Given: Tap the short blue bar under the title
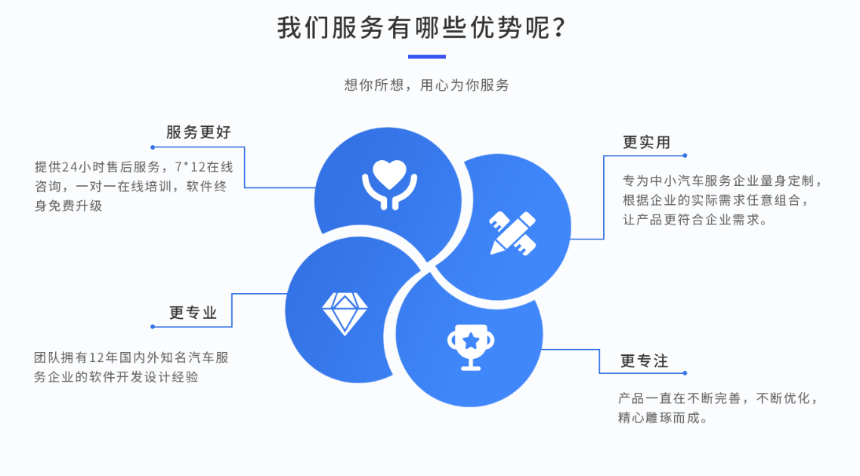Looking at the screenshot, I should (x=427, y=57).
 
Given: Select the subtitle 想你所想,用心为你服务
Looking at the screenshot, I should (x=427, y=85).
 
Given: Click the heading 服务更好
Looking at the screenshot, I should (x=199, y=132).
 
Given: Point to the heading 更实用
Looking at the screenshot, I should (x=646, y=142).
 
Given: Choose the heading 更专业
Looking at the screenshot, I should (x=193, y=313).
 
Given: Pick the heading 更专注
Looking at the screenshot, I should (x=645, y=361).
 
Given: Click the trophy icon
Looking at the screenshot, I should (x=470, y=346).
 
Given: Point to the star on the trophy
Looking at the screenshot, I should (x=470, y=340).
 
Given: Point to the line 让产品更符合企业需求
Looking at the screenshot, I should (x=694, y=221).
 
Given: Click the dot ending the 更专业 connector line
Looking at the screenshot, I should (x=153, y=326).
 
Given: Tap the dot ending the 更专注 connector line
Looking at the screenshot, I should (x=685, y=373).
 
